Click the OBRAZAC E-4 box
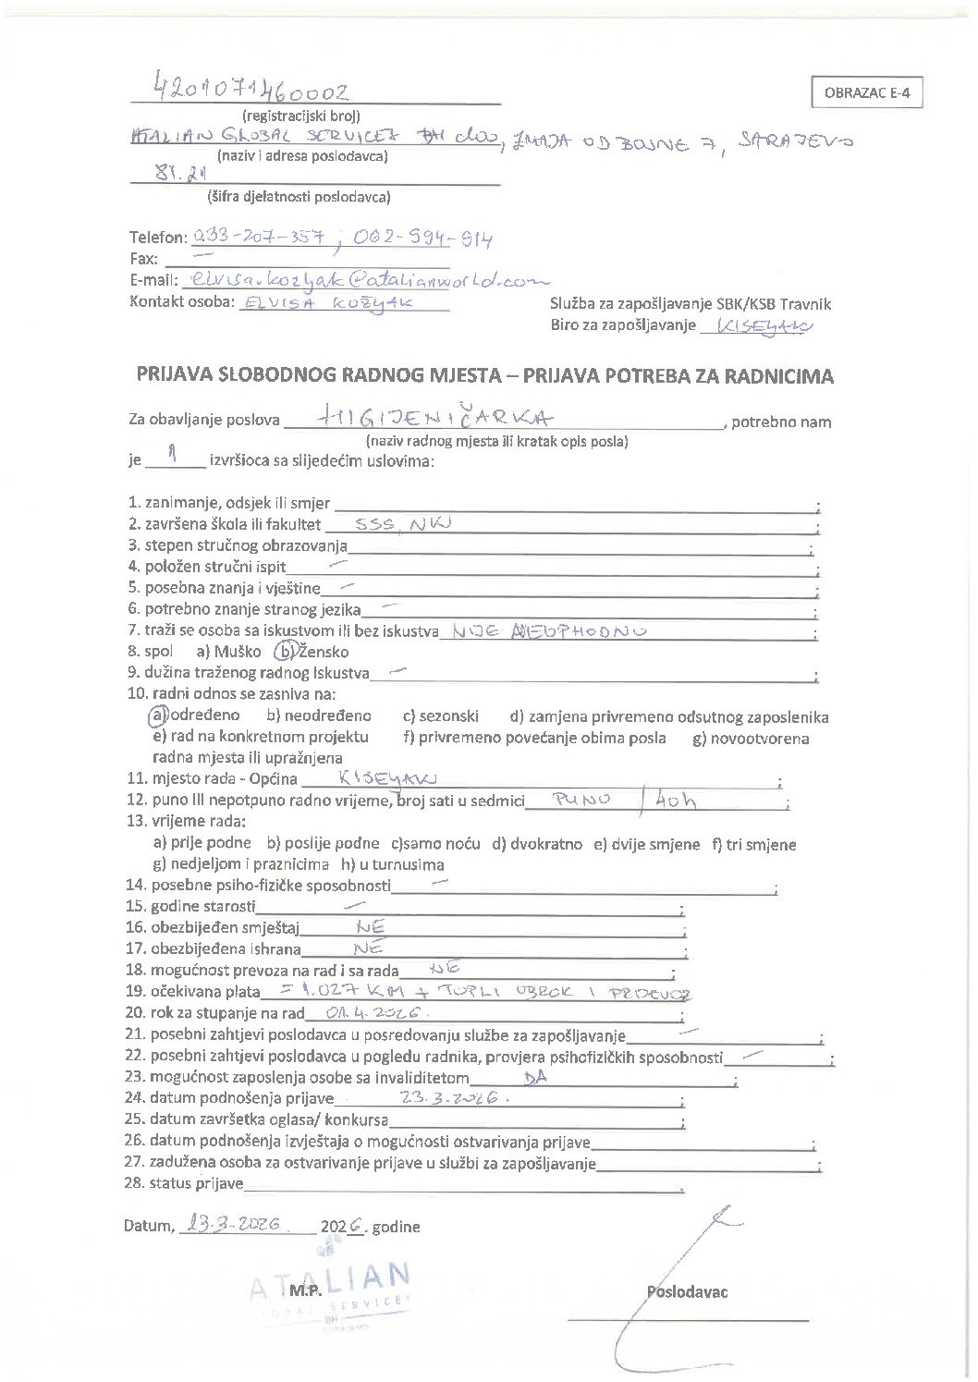tap(866, 94)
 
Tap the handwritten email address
tap(366, 278)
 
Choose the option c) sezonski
tap(439, 715)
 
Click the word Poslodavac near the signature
tap(687, 1291)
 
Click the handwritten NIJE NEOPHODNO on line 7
tap(546, 631)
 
